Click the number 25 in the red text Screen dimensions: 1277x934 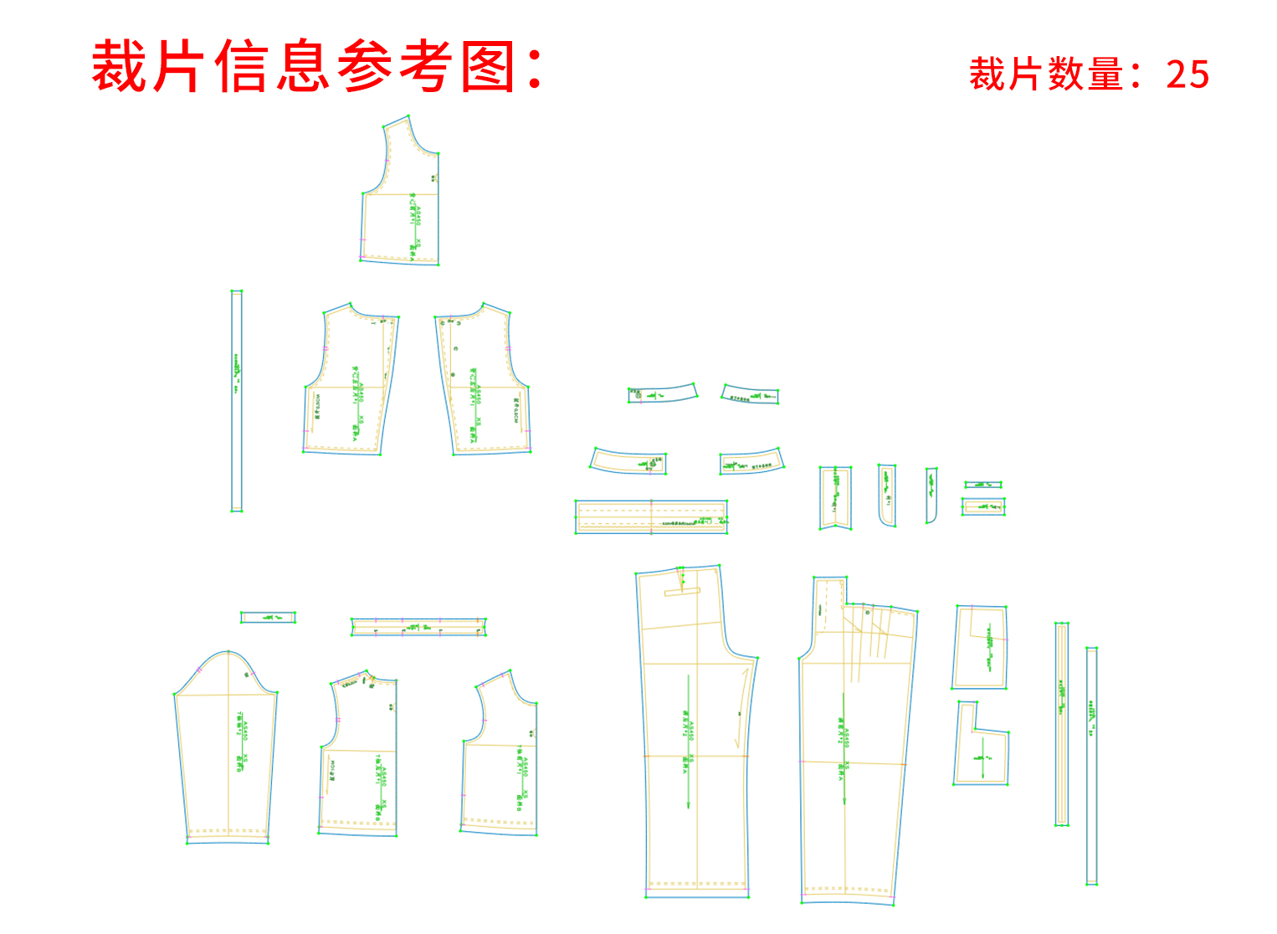click(x=1187, y=74)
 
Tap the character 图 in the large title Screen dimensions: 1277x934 click(x=488, y=67)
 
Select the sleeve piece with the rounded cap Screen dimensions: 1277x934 click(x=226, y=753)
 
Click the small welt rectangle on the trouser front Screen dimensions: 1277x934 click(x=682, y=592)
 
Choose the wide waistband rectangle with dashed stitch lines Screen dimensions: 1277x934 click(x=650, y=516)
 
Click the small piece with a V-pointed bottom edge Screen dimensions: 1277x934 click(x=835, y=498)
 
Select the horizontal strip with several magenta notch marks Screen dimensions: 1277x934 click(x=418, y=627)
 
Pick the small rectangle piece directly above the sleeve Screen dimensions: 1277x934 click(x=268, y=618)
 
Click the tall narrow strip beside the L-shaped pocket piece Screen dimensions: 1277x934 click(x=1061, y=724)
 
